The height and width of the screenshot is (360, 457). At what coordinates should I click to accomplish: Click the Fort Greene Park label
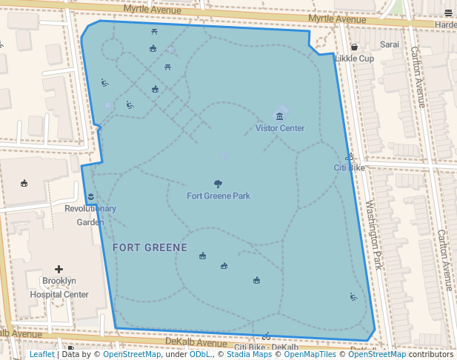(218, 196)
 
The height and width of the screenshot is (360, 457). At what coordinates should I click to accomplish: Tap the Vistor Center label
(280, 128)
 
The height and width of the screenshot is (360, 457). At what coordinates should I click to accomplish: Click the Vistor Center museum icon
(279, 116)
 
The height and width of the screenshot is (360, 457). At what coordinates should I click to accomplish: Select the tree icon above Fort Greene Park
(218, 184)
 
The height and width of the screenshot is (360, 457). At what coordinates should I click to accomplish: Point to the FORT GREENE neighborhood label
(150, 247)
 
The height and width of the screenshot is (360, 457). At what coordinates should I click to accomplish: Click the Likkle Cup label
(354, 59)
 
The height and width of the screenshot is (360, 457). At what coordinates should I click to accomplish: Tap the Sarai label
(390, 44)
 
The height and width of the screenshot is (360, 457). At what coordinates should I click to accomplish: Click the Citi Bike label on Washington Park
(350, 168)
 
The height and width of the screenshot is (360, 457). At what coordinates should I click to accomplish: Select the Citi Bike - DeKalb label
(266, 347)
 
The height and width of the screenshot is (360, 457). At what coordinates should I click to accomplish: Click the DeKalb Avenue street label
(196, 343)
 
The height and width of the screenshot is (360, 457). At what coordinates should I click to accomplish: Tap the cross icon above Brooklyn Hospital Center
(59, 269)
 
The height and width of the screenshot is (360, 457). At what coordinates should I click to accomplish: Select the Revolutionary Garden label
(90, 215)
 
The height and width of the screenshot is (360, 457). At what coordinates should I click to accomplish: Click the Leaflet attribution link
(41, 355)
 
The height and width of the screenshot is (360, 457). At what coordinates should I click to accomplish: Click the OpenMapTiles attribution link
(305, 355)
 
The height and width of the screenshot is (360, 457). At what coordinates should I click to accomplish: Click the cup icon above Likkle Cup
(354, 47)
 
